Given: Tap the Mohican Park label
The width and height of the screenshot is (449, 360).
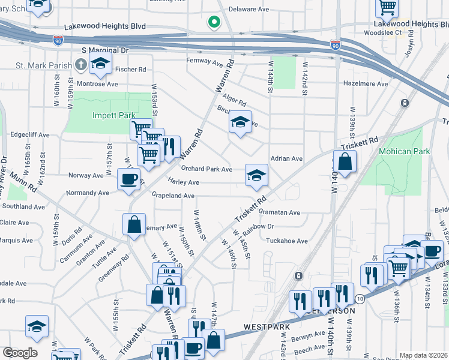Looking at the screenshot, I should coord(404,151).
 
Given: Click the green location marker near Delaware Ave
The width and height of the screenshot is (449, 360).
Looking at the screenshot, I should coord(213,23).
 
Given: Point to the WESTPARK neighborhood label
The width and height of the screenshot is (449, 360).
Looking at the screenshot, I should coord(267,328).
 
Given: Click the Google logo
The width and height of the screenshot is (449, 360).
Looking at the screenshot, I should coord(19,353).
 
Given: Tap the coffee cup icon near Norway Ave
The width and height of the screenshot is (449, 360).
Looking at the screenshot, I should coord(128,179).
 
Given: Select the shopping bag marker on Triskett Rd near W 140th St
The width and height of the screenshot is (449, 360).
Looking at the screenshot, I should coord(345,162).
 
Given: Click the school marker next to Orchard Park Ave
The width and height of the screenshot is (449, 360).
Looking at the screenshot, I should coord(256,175).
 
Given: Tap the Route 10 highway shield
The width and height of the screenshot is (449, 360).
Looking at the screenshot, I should coord(360,298).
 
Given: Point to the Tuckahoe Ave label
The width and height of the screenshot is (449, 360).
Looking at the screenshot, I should coord(286,241).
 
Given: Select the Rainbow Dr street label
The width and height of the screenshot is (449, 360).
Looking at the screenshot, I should coord(259,227).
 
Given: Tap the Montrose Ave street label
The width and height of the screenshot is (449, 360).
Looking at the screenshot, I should coord(96,84).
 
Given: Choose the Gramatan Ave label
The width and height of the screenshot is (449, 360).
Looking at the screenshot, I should coord(279,212).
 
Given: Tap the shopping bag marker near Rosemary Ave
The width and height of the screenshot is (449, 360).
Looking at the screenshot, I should coord(134,226).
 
